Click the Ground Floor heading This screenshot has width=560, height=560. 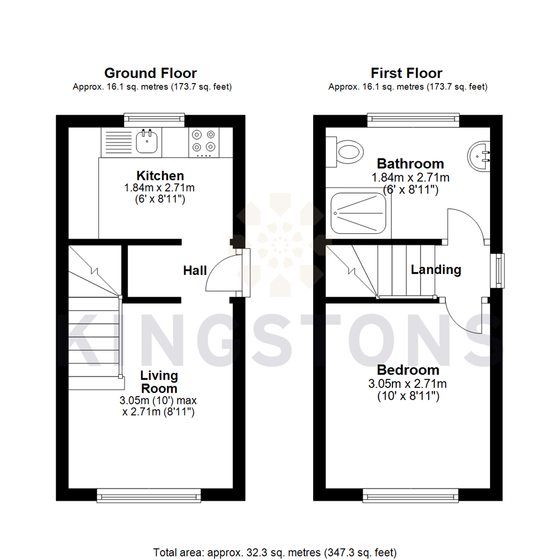coord(150,73)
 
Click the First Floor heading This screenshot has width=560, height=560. coord(407,73)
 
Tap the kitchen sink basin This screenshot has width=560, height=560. coord(147,141)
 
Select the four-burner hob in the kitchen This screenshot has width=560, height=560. coord(203,142)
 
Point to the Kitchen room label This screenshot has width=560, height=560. coord(160,175)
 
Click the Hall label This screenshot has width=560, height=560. coord(195,270)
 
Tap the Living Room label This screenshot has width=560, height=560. coord(160,382)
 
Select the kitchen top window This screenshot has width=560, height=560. coord(155,120)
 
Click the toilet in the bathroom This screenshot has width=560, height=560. coord(346,152)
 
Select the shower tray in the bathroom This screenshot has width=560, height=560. coord(360,212)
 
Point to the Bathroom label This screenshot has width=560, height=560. coord(410,164)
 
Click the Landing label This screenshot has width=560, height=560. coord(436,270)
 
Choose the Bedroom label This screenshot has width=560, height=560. coord(408,370)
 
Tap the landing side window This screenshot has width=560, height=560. coord(499,270)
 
